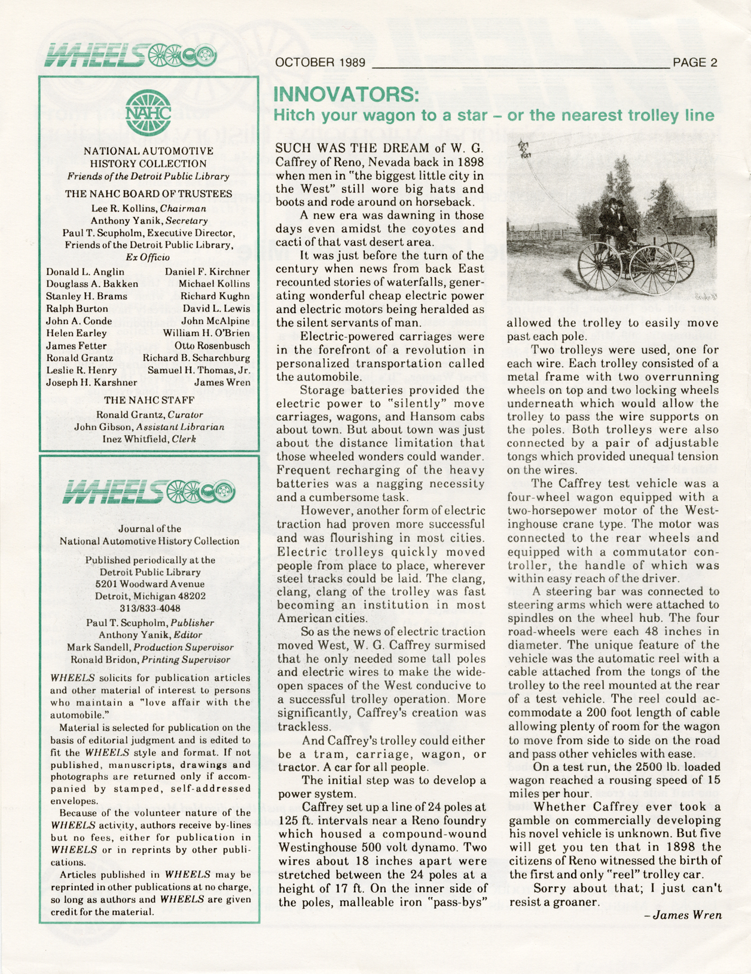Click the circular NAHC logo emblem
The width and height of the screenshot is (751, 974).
pos(148,112)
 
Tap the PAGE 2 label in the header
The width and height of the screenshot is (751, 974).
pos(695,62)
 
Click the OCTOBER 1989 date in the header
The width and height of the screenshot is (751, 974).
pos(321,62)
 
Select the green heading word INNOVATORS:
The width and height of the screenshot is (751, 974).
pos(346,94)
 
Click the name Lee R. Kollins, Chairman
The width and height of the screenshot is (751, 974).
pos(148,209)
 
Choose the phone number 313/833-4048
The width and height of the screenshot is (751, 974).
pos(149,609)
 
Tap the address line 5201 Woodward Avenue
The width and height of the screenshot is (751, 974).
pos(149,584)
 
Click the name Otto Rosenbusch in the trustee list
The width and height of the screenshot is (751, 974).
pos(212,346)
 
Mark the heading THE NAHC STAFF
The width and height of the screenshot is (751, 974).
pos(149,400)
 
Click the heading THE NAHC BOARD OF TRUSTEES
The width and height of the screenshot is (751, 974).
pos(148,194)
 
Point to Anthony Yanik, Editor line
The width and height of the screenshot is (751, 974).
pos(149,635)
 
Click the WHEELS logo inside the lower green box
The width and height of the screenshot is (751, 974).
pos(149,492)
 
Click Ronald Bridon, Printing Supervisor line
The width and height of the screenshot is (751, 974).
pos(149,660)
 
